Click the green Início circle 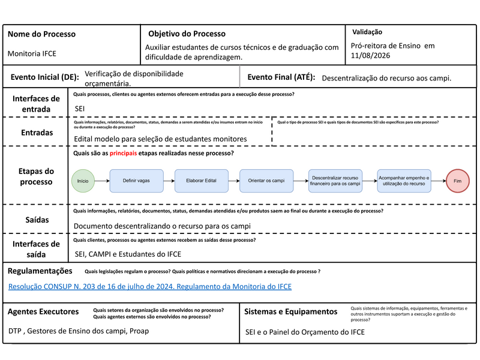(83, 181)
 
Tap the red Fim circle (458, 181)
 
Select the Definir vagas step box (137, 181)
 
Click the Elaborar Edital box (202, 181)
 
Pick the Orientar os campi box (266, 181)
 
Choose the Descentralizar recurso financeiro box (335, 181)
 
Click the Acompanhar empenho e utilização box (404, 181)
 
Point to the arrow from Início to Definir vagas (102, 181)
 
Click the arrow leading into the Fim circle (439, 181)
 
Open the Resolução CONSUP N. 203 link (150, 287)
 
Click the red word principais (123, 153)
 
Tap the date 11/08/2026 (370, 55)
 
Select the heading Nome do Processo (41, 34)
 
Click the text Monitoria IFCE (32, 53)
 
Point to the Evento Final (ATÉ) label (281, 77)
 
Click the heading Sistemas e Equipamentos (291, 311)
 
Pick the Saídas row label (37, 220)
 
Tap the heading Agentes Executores (43, 311)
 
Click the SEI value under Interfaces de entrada (80, 109)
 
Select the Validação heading (367, 32)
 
